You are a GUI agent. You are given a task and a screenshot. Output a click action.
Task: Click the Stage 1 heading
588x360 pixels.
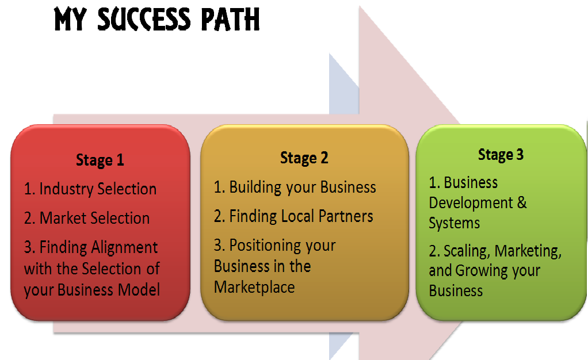coord(100,160)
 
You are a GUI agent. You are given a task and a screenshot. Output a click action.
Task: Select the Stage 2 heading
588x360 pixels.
coord(304,158)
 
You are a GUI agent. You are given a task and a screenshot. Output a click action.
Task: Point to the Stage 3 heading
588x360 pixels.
coord(501,155)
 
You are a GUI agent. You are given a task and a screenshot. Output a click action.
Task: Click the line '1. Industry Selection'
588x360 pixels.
coord(90,189)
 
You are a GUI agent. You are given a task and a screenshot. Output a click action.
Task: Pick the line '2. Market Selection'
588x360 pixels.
coord(87,218)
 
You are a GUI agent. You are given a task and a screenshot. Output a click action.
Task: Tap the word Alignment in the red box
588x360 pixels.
coord(124,247)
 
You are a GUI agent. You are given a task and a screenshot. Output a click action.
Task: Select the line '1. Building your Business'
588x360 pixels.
coord(295,187)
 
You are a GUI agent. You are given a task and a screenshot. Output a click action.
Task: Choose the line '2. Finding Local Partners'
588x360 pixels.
coord(293,216)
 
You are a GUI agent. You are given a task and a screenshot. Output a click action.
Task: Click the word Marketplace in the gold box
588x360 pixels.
coord(254,287)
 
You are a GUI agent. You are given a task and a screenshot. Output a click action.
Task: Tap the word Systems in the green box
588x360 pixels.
coord(454,223)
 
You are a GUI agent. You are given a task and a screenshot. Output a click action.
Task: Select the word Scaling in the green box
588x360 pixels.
coord(467,251)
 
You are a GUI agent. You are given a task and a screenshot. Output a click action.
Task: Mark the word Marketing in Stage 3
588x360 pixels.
coord(528,251)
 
